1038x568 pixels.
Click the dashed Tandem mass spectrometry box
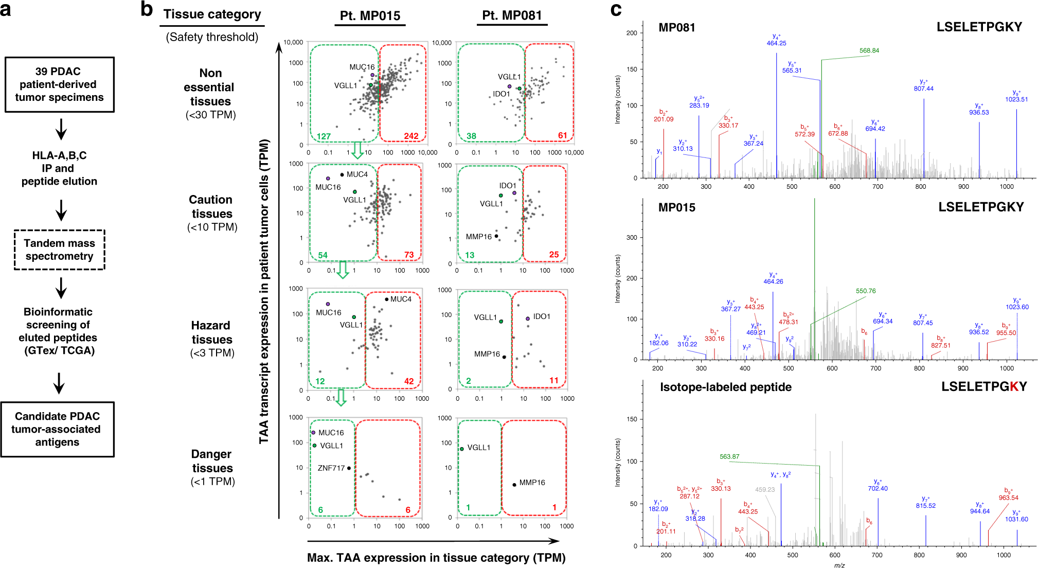pos(59,250)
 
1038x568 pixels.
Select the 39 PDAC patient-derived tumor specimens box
pos(59,84)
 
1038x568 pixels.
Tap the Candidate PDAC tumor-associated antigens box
pos(57,429)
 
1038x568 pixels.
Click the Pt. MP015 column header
pos(370,16)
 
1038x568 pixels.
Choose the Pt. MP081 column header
pos(512,15)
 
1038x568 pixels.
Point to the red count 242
pos(411,136)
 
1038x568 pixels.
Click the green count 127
pos(324,136)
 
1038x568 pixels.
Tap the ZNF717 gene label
pos(331,468)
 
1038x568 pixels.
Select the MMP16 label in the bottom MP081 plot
pos(532,483)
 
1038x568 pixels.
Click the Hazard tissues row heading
pos(211,332)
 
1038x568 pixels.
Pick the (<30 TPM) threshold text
pos(211,115)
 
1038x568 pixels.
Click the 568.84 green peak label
pos(869,50)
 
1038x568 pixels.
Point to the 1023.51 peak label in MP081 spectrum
pos(1016,99)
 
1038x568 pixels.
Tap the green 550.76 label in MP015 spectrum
pos(866,291)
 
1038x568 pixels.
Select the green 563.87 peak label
pos(729,456)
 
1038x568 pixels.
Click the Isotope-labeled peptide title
pos(725,387)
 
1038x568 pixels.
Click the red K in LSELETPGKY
pos(1014,387)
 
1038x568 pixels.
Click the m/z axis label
pos(839,565)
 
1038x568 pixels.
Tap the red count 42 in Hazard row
pos(409,381)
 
